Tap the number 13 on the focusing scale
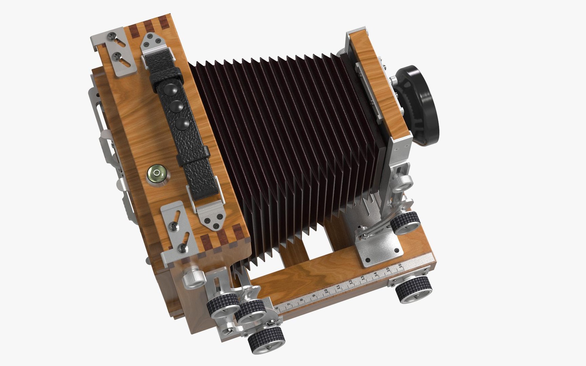(363, 278)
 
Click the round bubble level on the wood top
(156, 174)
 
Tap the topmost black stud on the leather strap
(170, 91)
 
